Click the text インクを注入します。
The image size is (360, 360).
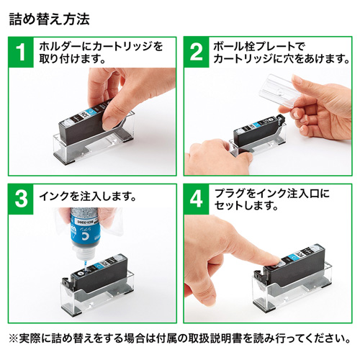tap(88, 195)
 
